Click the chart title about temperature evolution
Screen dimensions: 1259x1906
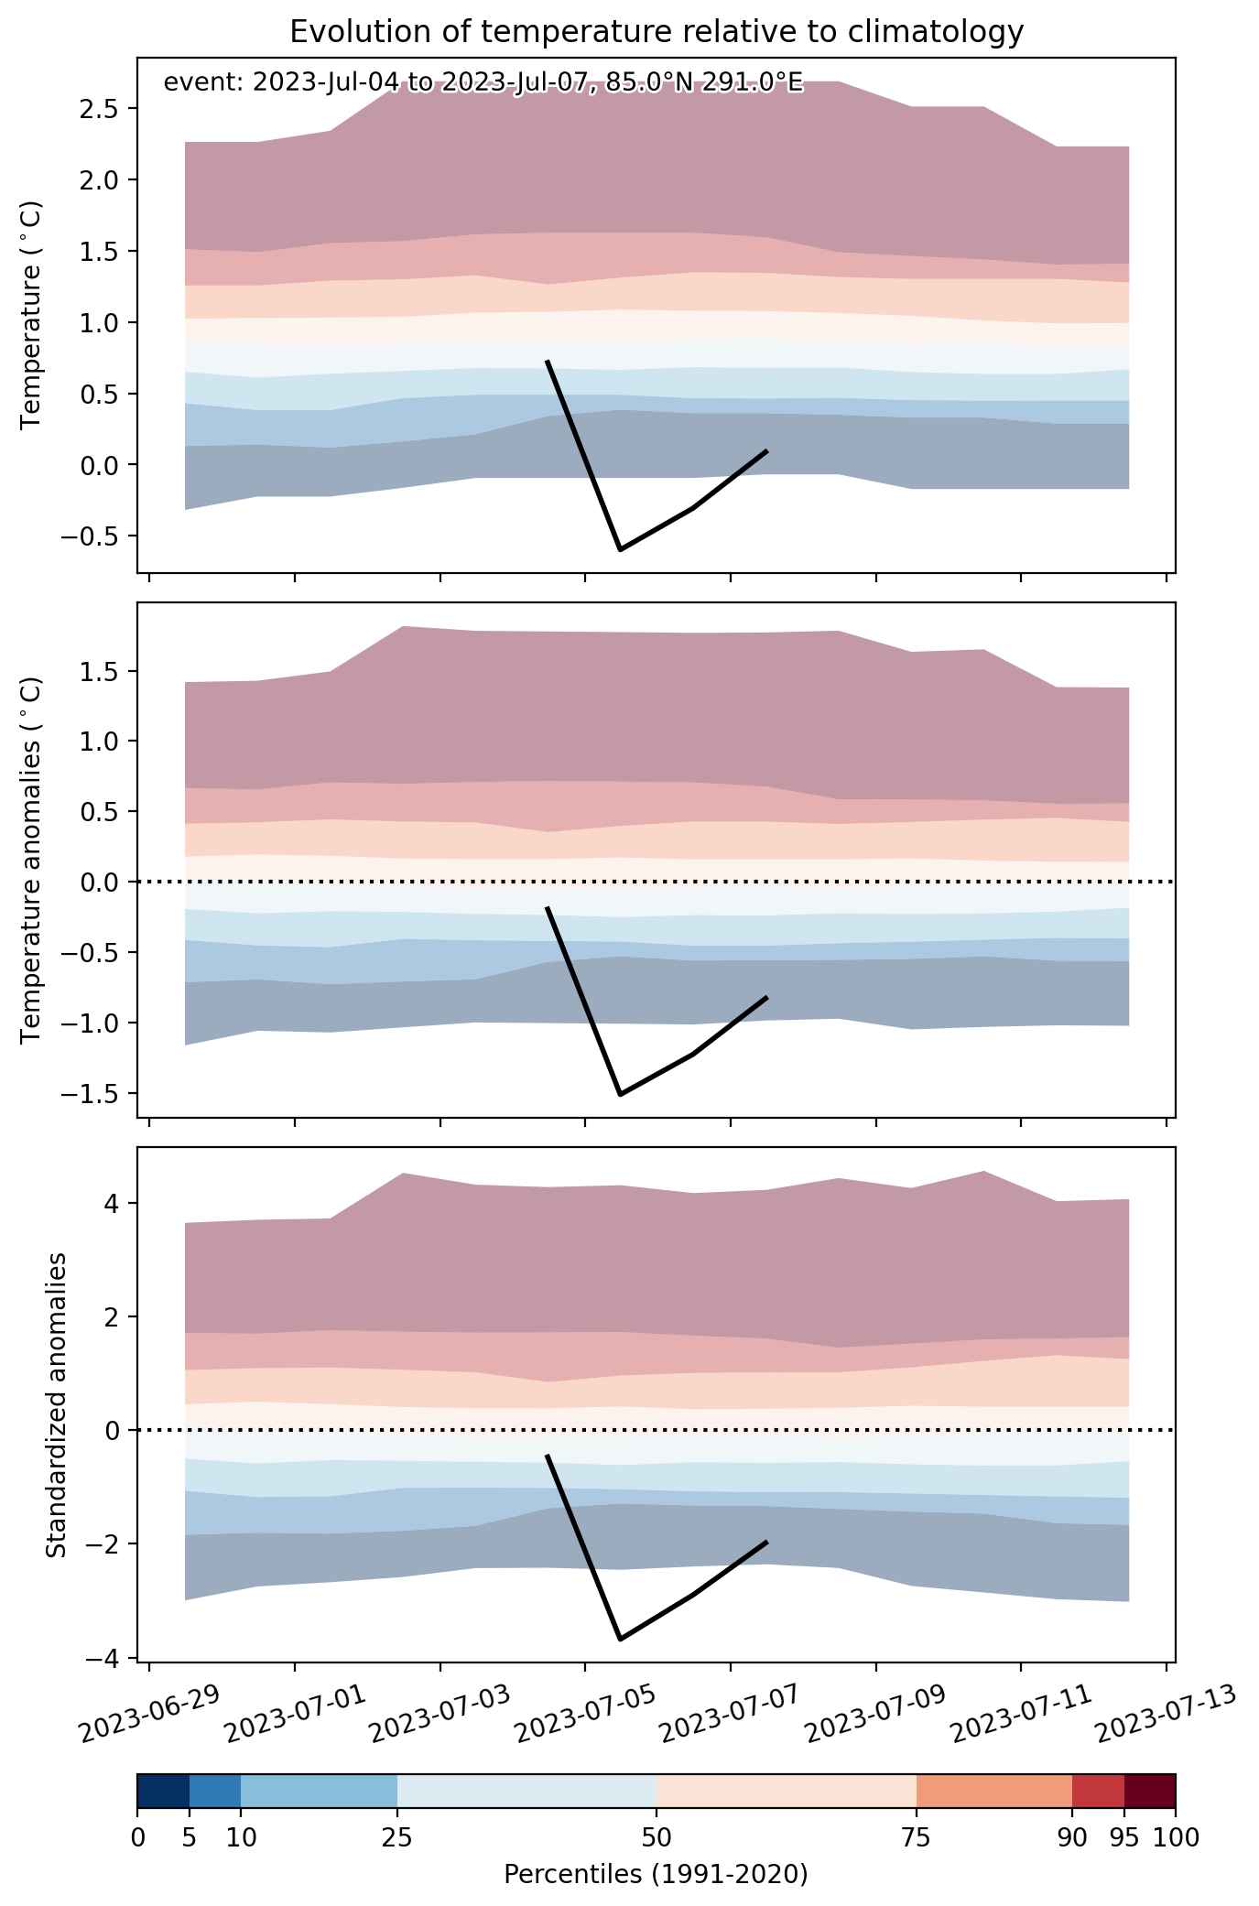pos(656,32)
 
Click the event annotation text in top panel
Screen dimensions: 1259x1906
pos(483,83)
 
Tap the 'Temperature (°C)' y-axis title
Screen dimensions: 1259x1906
pos(32,314)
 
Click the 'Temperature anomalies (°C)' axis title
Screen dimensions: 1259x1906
pos(32,860)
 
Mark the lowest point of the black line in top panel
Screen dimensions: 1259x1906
pos(620,549)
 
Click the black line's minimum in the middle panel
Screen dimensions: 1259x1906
pos(620,1094)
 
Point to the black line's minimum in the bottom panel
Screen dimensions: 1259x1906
pos(620,1639)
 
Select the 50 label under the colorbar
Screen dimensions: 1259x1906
pos(657,1837)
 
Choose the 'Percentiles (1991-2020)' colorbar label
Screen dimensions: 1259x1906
pos(656,1874)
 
